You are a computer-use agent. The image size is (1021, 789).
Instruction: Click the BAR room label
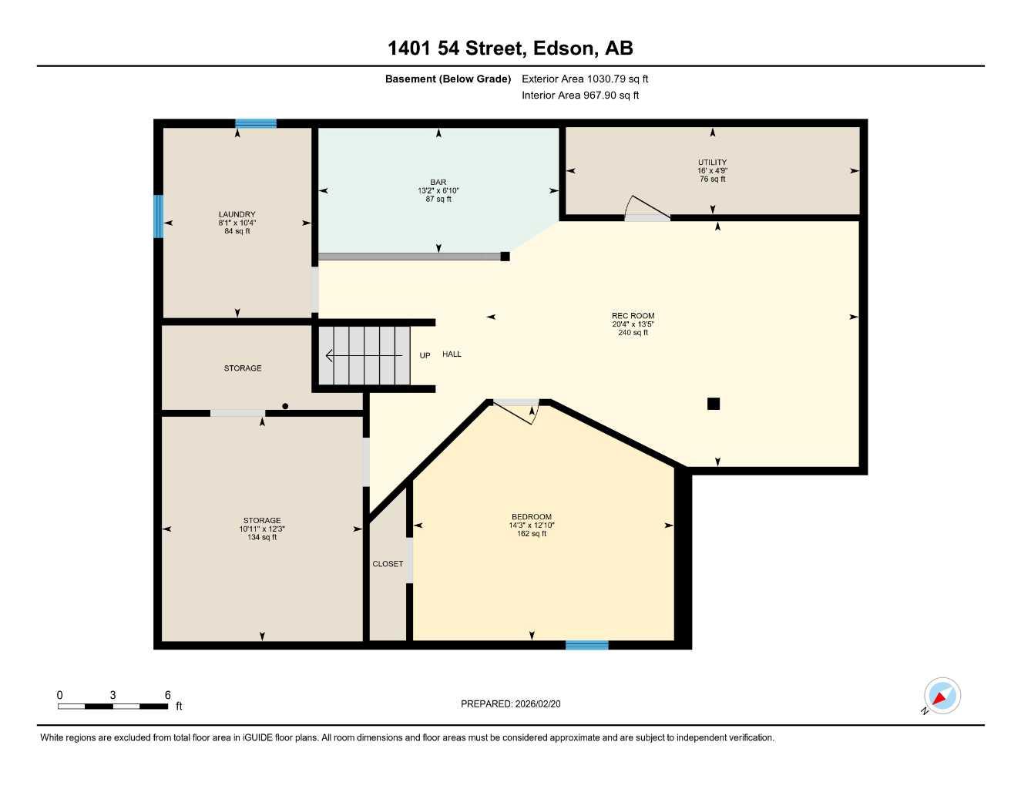pos(438,182)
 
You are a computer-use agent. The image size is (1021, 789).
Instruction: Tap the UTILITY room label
pos(712,162)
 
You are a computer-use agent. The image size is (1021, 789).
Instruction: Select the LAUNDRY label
pos(237,214)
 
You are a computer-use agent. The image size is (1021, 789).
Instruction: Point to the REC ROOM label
pos(633,316)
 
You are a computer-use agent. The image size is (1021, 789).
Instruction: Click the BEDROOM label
pos(532,516)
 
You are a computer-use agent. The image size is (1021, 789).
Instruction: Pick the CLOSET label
pos(388,563)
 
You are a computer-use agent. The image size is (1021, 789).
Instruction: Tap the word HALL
pos(452,354)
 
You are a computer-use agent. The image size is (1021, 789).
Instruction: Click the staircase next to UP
pos(364,355)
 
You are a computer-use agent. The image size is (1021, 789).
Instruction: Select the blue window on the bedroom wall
pos(587,645)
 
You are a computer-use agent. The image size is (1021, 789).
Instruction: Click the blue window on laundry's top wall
pos(256,123)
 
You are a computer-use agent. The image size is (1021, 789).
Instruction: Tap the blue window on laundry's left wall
pos(159,217)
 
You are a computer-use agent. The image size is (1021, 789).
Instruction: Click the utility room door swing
pos(647,208)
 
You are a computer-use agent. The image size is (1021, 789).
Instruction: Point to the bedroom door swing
pos(516,412)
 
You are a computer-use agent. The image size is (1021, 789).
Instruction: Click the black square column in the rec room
pos(714,404)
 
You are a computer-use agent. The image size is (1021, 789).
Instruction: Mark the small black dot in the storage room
pos(285,406)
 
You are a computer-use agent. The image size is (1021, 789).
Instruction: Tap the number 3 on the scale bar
pos(113,695)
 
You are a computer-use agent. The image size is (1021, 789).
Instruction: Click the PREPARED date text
pos(510,704)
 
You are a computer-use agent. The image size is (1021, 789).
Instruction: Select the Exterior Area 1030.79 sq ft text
pos(585,79)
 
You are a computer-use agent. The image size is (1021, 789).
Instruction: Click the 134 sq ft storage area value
pos(262,537)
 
